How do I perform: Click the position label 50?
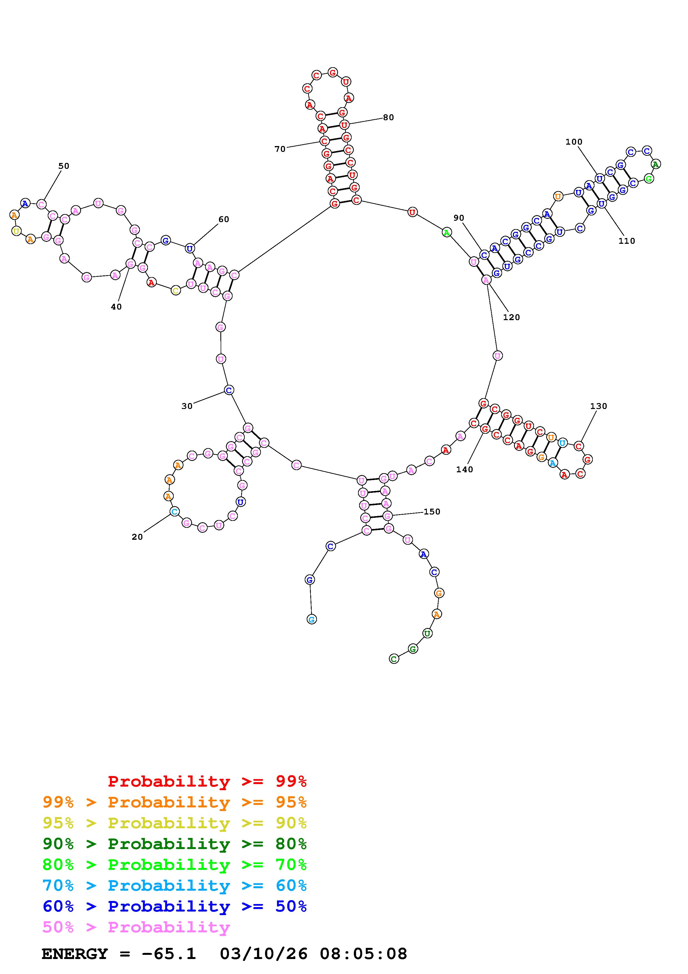[x=64, y=166]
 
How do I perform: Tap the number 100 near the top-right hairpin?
[x=574, y=142]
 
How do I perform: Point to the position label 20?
[x=137, y=537]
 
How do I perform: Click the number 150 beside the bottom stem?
[x=432, y=512]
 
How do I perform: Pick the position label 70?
[x=280, y=149]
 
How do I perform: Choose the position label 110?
[x=627, y=241]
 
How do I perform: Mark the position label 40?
[x=116, y=307]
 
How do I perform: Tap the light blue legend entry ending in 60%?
[x=175, y=886]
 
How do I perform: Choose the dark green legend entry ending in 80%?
[x=175, y=844]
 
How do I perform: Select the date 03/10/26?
[x=263, y=954]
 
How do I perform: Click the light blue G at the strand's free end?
[x=312, y=619]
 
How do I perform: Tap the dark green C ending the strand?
[x=394, y=659]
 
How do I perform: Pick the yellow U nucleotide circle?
[x=16, y=231]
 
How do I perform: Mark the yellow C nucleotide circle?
[x=175, y=291]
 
